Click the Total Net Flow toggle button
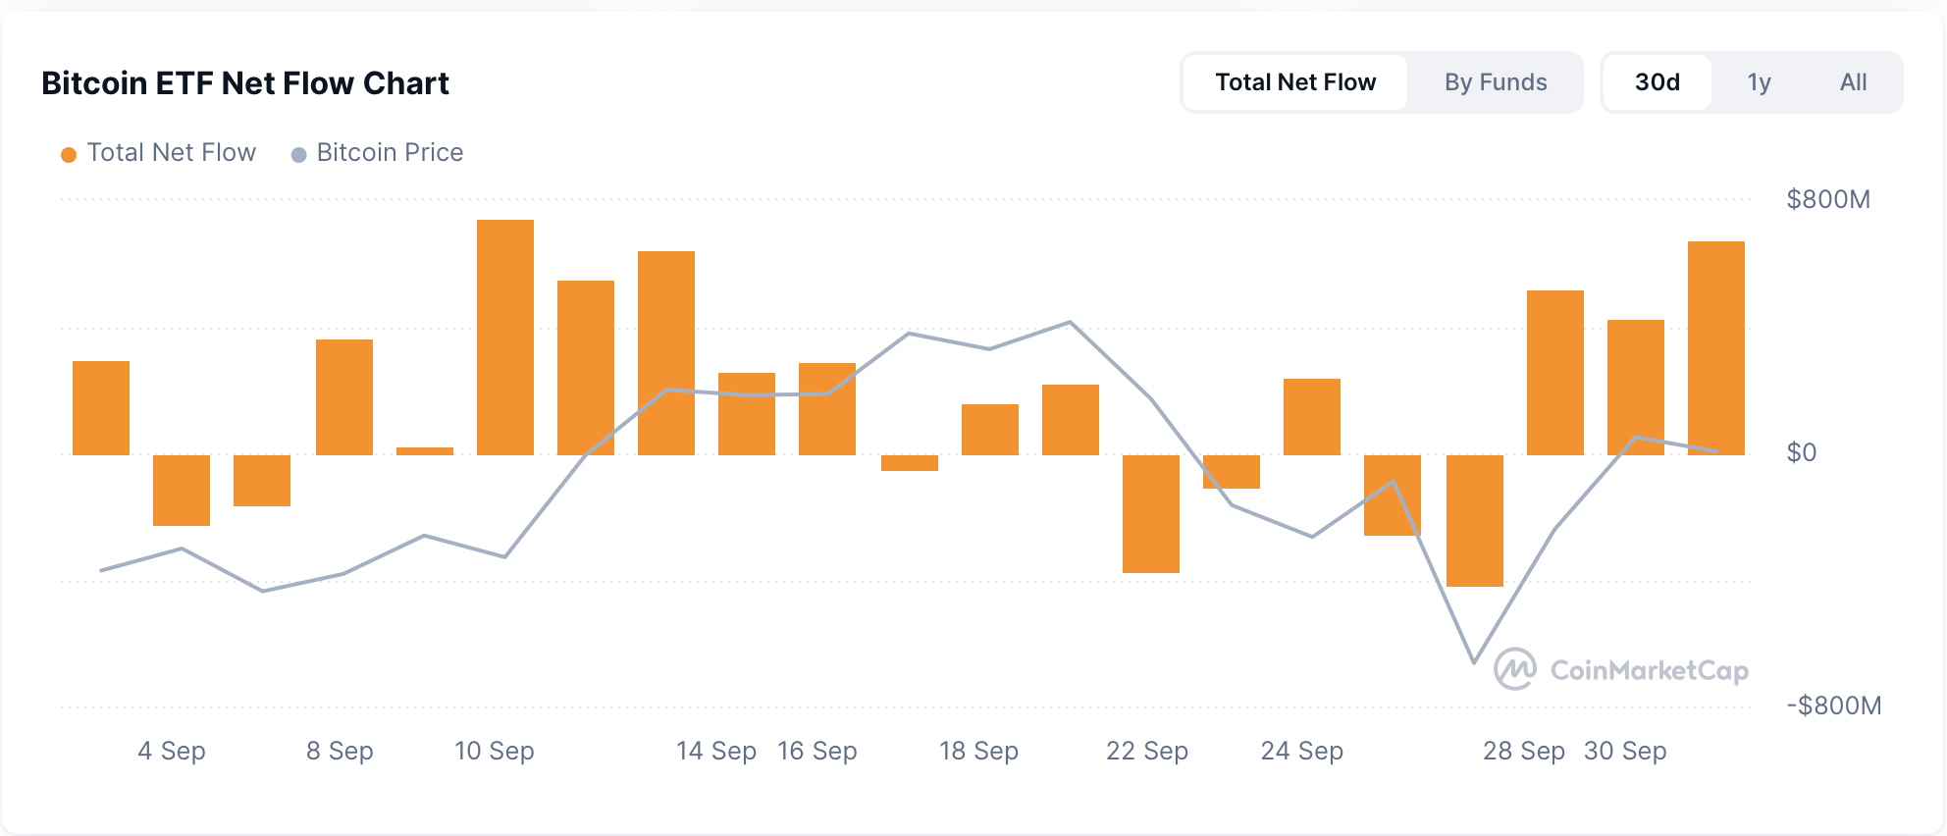coord(1295,82)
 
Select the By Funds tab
coord(1495,82)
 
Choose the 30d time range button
coord(1657,82)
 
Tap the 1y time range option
coord(1759,82)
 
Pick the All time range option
coord(1853,82)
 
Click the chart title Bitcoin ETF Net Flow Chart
coord(245,83)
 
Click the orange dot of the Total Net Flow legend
coord(69,155)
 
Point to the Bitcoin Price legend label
coord(390,153)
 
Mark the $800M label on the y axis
coord(1828,200)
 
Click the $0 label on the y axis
coord(1802,452)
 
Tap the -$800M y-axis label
coord(1833,705)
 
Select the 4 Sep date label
coord(172,752)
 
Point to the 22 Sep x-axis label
coord(1146,752)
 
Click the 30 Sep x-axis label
coord(1625,752)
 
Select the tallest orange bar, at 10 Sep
coord(505,337)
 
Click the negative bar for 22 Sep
coord(1151,513)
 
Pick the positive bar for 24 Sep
coord(1312,417)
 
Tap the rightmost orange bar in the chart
coord(1716,347)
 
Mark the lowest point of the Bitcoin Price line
coord(1474,662)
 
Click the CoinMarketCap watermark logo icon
coord(1514,669)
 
